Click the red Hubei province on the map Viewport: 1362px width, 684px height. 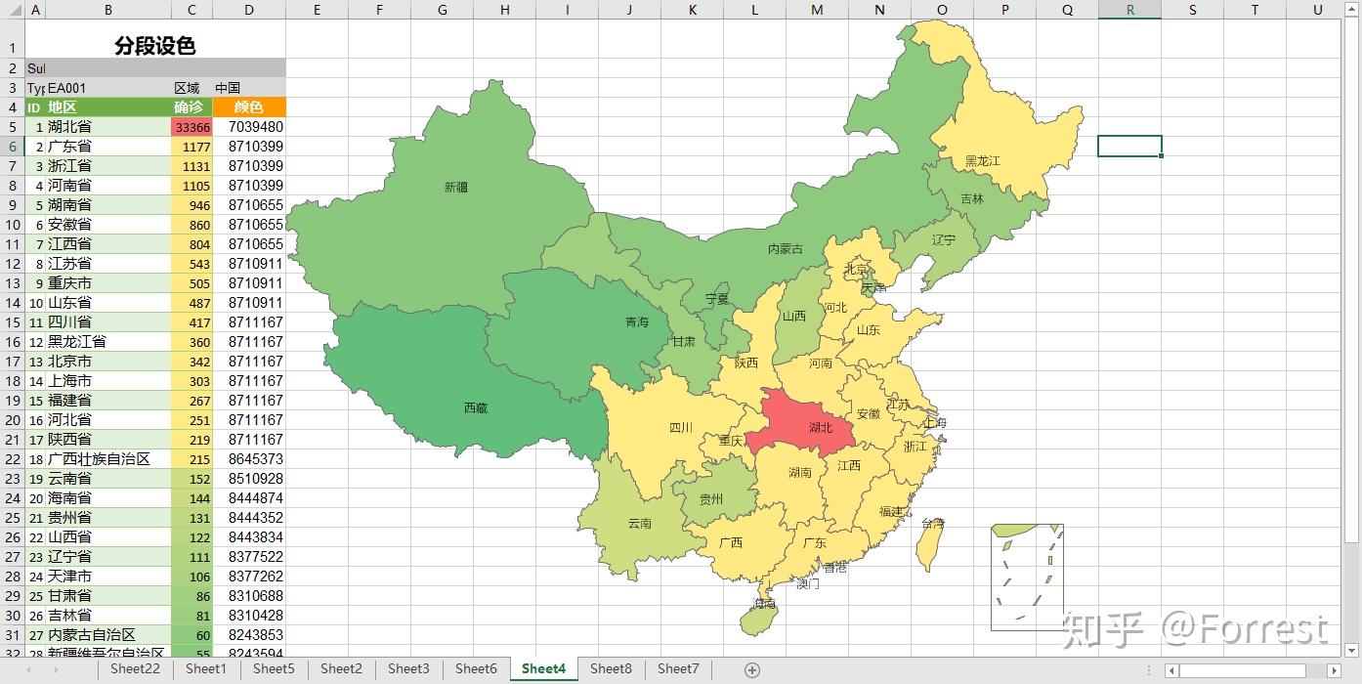click(x=806, y=422)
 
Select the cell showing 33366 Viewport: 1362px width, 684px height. click(x=192, y=127)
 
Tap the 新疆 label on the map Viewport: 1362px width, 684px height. click(x=456, y=187)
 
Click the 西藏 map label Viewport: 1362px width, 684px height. click(x=476, y=407)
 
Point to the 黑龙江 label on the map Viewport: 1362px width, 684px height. click(x=982, y=160)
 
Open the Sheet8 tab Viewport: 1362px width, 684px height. click(x=611, y=668)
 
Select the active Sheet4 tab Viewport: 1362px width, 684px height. click(x=543, y=668)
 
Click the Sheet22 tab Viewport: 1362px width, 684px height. click(x=135, y=668)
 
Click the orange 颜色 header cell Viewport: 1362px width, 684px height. click(x=249, y=107)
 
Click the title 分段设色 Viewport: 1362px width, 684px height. click(x=154, y=46)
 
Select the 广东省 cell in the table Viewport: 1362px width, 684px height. click(x=107, y=147)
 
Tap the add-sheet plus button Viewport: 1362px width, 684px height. click(x=751, y=669)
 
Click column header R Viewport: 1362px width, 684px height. click(x=1129, y=10)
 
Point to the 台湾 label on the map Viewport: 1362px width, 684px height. click(x=933, y=524)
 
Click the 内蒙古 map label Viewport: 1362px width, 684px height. click(x=785, y=249)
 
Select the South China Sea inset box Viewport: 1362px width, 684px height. click(x=1026, y=577)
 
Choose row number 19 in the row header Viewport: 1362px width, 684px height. click(x=13, y=401)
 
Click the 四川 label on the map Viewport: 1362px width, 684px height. click(x=681, y=427)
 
